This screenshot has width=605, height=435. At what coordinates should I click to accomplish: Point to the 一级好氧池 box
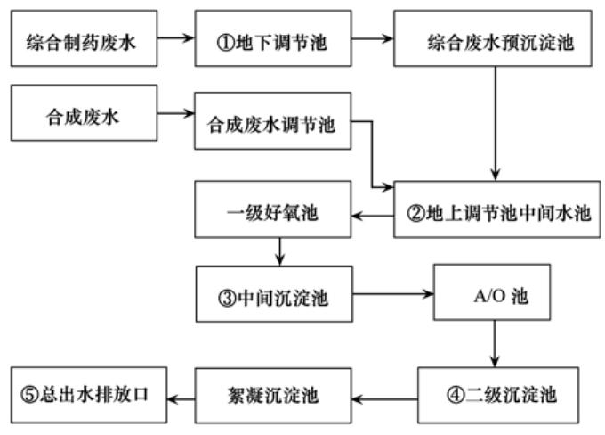(277, 215)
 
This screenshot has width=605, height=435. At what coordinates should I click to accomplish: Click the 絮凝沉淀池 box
(277, 392)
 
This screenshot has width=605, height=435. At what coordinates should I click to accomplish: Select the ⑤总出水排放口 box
(85, 392)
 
